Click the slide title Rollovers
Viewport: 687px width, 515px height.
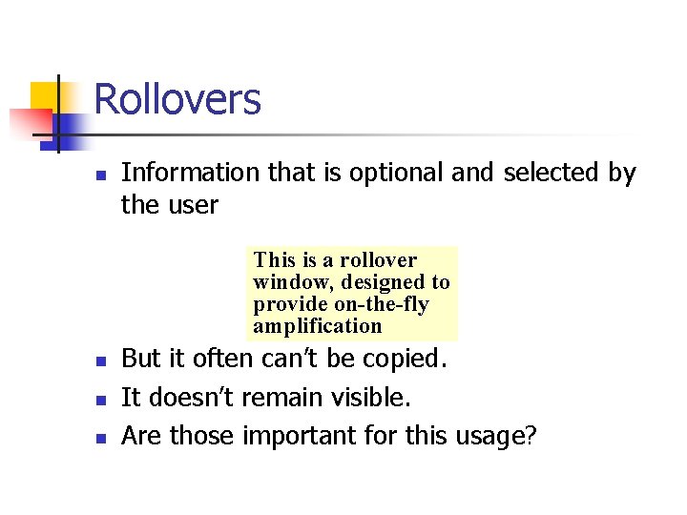pos(177,99)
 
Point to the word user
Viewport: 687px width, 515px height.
pos(195,205)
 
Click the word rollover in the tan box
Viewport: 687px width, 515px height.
pos(379,260)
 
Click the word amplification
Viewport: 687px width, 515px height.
pos(318,326)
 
